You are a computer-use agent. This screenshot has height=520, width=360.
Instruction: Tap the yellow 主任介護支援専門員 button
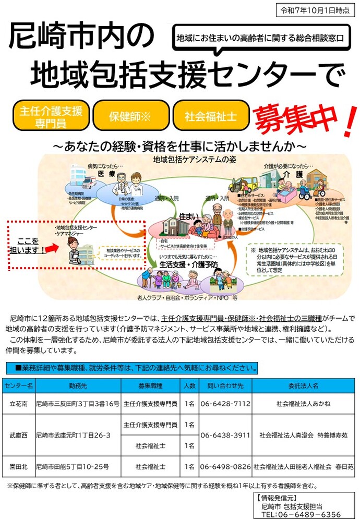pos(51,115)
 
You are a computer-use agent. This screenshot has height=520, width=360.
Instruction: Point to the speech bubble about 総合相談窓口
pos(260,38)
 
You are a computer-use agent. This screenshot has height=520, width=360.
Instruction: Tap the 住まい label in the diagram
pos(188,215)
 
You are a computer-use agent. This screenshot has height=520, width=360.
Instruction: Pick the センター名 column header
pos(19,386)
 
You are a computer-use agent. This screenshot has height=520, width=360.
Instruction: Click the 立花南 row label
pos(19,404)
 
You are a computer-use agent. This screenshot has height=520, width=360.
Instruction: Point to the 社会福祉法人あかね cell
pos(303,404)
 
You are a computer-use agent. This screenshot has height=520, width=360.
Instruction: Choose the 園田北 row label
pos(19,466)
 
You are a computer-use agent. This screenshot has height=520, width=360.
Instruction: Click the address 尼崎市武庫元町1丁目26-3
pos(73,434)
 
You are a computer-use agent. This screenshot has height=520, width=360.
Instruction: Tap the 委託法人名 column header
pos(303,386)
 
